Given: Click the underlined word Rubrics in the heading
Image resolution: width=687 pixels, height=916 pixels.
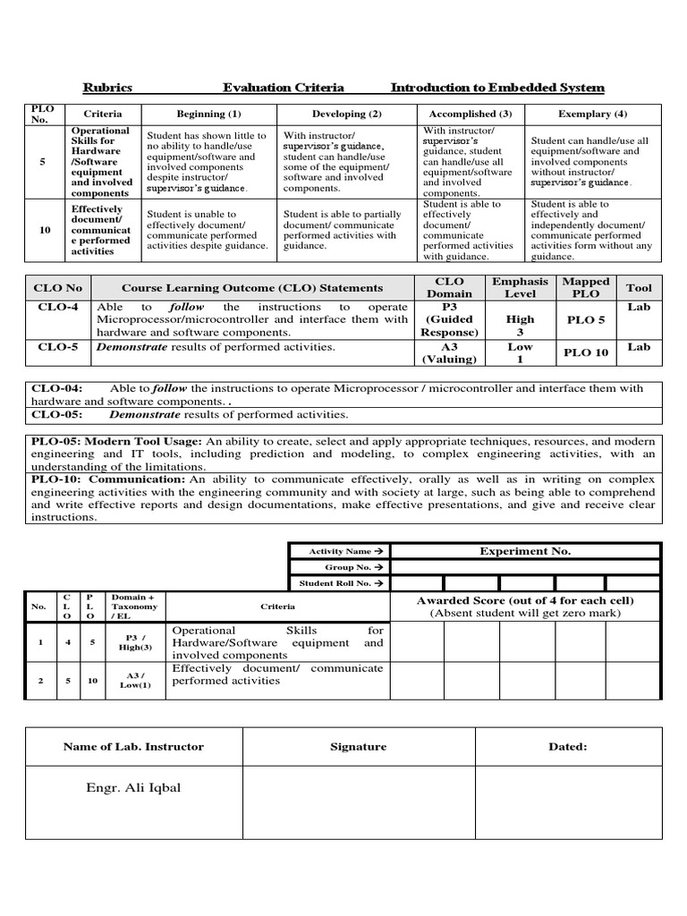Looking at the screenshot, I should point(107,88).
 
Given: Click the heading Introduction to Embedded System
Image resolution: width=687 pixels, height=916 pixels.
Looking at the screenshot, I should point(497,88).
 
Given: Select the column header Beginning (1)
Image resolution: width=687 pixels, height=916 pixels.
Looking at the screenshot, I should point(208,114).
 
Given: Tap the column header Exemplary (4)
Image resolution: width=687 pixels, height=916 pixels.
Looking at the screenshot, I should point(592,114).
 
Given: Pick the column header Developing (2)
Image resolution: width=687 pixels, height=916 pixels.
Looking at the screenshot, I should point(346,114).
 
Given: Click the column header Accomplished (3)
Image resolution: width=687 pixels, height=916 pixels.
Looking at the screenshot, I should point(470,114).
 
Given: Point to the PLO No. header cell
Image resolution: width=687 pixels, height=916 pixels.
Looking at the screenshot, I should point(42,114).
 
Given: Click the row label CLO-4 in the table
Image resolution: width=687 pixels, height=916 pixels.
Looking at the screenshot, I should point(57,307).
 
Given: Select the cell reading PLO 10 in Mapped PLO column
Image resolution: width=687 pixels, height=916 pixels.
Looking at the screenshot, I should point(586,352).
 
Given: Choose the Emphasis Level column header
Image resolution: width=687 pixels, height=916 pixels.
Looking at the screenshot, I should point(520,287).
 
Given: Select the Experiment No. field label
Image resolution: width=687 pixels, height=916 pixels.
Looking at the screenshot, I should point(525,552).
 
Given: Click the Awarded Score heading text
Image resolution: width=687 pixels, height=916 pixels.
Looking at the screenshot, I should point(525,601).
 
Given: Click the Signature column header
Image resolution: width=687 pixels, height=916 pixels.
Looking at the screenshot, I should point(358,746).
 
